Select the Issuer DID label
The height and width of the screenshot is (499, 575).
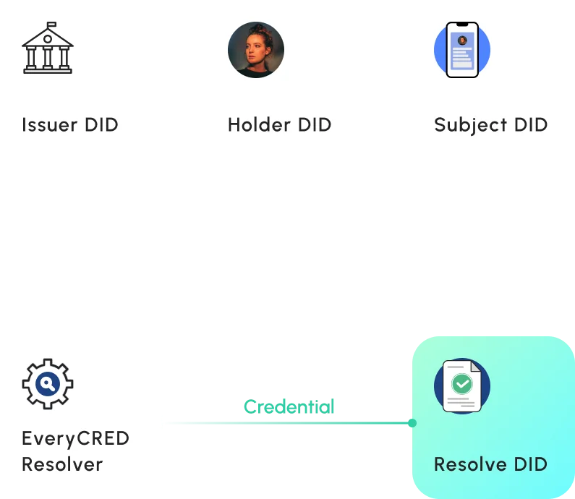pos(70,124)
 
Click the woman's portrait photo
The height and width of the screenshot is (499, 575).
pos(256,49)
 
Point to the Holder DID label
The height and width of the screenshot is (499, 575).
pos(279,124)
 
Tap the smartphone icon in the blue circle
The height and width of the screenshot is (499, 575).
pos(462,49)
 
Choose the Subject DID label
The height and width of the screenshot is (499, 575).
pos(490,124)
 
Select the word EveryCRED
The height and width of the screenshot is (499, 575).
pos(75,439)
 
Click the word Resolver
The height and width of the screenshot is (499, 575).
pos(62,464)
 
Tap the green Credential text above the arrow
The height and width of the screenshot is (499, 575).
pos(289,406)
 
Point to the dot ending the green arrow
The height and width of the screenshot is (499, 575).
pos(412,422)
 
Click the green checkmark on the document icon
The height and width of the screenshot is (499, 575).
pos(461,384)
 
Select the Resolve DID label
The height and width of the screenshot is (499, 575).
pos(490,464)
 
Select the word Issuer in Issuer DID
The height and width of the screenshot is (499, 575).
pos(49,124)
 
